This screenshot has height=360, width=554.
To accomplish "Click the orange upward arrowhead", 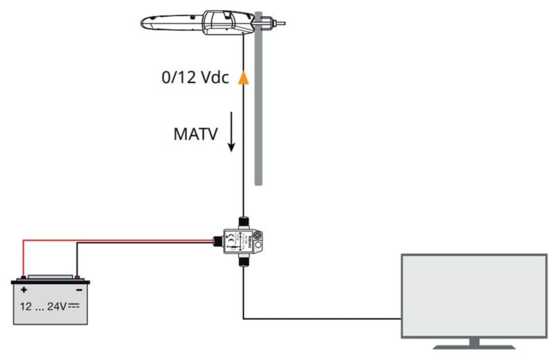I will click(x=243, y=77).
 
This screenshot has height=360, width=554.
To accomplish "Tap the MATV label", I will click(x=196, y=133).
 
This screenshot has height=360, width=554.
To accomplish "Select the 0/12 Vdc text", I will click(x=194, y=78).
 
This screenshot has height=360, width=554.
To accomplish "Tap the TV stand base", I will click(x=474, y=344).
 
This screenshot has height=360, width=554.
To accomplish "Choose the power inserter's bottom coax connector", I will click(x=243, y=262).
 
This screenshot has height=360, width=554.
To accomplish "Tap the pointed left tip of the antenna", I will click(x=143, y=25).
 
